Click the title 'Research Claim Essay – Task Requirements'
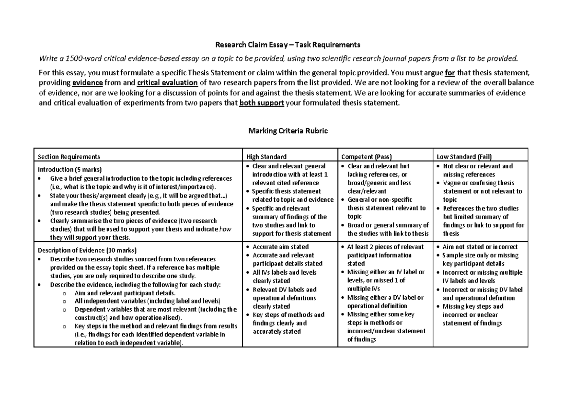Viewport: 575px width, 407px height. (287, 45)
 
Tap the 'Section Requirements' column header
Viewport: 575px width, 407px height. (69, 157)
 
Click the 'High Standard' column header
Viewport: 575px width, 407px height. (266, 157)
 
